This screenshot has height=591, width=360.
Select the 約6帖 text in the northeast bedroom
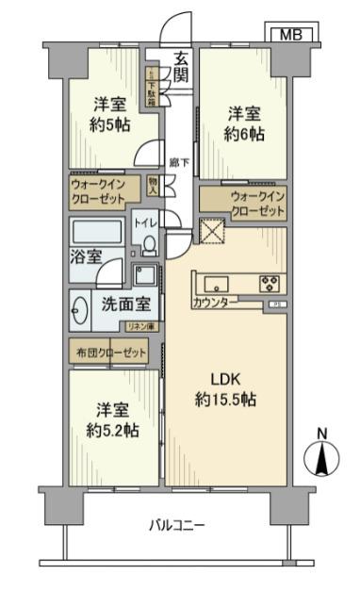tap(244, 135)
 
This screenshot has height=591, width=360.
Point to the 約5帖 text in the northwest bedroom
tap(111, 126)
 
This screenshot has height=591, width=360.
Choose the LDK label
tap(225, 380)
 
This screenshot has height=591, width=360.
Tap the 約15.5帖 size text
tap(226, 400)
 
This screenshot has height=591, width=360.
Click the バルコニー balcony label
tap(177, 525)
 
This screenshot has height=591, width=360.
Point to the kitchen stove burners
tap(269, 282)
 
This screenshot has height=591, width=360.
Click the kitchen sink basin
tap(214, 282)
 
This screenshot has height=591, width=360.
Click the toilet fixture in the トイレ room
tap(148, 245)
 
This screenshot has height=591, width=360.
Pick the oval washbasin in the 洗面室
tap(80, 306)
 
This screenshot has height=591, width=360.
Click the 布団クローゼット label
tap(111, 353)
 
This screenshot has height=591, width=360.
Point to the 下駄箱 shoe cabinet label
tap(150, 87)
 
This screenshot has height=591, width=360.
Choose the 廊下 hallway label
tap(175, 162)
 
